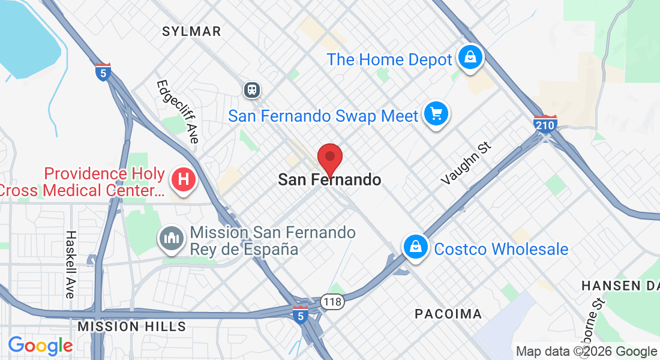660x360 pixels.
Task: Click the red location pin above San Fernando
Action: [329, 157]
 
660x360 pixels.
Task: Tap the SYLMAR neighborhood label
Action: [191, 31]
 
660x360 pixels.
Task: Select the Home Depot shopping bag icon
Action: [470, 58]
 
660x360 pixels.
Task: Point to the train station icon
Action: [251, 90]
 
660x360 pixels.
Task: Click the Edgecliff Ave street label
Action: [178, 111]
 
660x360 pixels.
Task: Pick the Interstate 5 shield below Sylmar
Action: [103, 72]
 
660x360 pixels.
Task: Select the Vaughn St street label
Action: [466, 163]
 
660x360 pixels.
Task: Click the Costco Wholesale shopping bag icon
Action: [415, 246]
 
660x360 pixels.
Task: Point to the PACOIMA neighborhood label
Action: [448, 314]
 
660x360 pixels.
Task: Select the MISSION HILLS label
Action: [132, 326]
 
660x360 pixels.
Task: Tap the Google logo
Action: [40, 346]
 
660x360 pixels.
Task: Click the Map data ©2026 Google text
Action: [586, 352]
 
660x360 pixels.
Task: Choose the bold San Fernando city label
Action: [329, 179]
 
